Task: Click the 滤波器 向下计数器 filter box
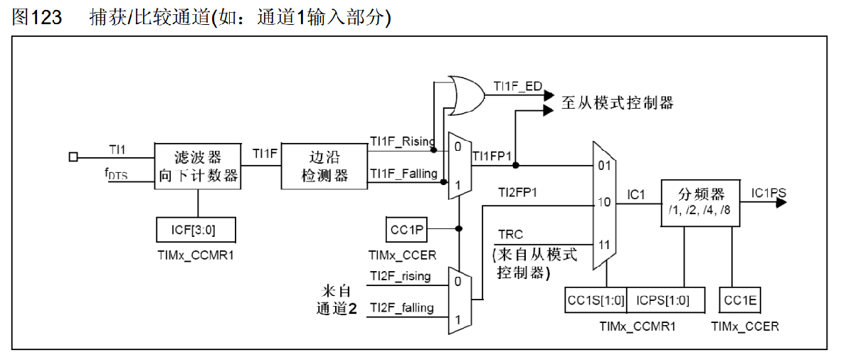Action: click(198, 166)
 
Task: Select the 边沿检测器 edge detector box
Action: click(324, 166)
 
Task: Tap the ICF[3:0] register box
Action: click(195, 230)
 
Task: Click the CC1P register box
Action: click(406, 229)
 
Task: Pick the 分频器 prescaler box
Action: click(700, 202)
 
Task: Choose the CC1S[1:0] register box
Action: click(596, 300)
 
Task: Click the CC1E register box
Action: click(740, 300)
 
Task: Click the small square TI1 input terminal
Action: click(73, 157)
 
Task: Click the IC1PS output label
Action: click(768, 193)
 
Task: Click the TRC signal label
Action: click(511, 234)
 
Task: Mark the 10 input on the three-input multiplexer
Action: click(604, 203)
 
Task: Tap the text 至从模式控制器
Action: click(617, 103)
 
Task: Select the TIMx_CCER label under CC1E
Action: click(745, 327)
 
